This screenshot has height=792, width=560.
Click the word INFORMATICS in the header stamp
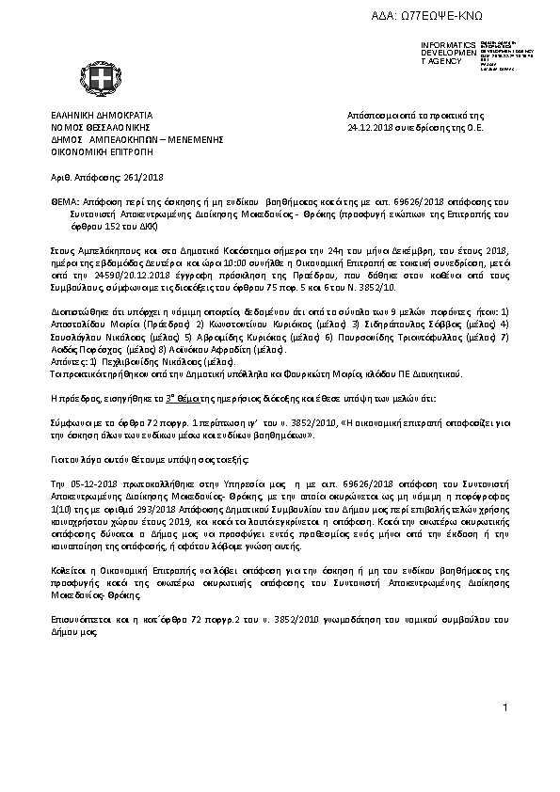[x=448, y=45]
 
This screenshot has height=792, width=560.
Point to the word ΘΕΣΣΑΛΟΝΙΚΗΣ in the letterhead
[x=111, y=125]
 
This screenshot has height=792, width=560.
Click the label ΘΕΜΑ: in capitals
[x=65, y=202]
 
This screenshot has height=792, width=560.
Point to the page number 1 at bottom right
[x=505, y=706]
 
